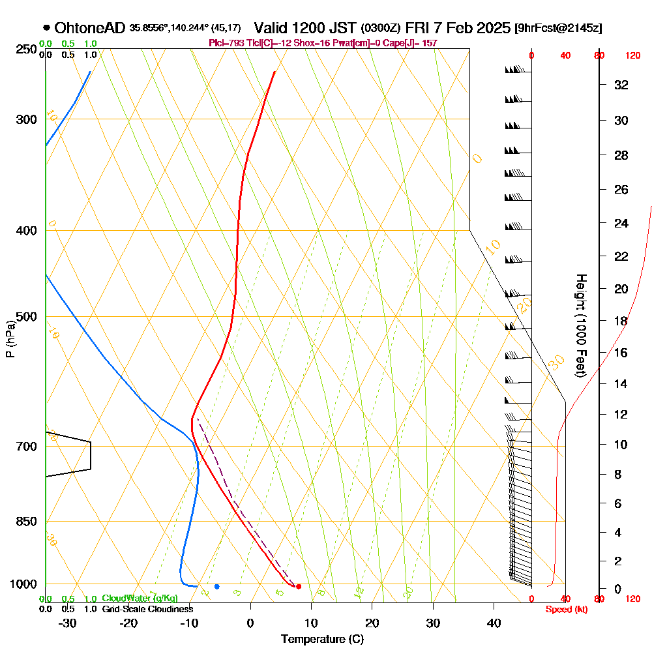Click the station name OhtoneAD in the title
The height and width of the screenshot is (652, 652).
(x=90, y=28)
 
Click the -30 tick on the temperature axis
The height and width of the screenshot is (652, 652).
(x=68, y=623)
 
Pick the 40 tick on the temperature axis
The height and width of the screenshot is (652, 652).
(x=494, y=623)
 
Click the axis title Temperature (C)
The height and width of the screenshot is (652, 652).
(x=322, y=639)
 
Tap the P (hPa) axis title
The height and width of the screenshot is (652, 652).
(x=10, y=338)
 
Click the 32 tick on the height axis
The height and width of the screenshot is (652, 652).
(x=621, y=84)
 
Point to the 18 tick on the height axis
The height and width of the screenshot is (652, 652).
(x=621, y=321)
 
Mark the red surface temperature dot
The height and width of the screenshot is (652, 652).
(x=299, y=587)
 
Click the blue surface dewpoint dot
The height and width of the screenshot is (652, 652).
(x=217, y=587)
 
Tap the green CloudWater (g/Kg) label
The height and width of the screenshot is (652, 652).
(x=140, y=599)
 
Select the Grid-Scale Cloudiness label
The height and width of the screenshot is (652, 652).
(x=147, y=609)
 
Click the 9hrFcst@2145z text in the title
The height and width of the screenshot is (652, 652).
(x=558, y=28)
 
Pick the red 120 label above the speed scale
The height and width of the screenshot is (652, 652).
(x=632, y=56)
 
